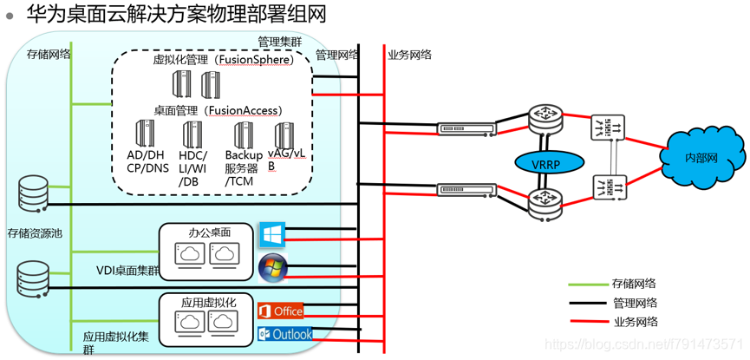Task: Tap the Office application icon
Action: click(x=281, y=311)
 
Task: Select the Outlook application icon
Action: click(x=284, y=334)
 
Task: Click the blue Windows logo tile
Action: click(x=272, y=234)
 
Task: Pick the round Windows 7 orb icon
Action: click(x=272, y=267)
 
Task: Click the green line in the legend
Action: click(x=588, y=284)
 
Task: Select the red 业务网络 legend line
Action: click(x=588, y=323)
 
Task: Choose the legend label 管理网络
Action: click(x=634, y=303)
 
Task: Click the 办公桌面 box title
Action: click(x=210, y=232)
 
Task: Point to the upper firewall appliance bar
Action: click(x=466, y=129)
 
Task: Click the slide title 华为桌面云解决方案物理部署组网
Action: click(x=165, y=14)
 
